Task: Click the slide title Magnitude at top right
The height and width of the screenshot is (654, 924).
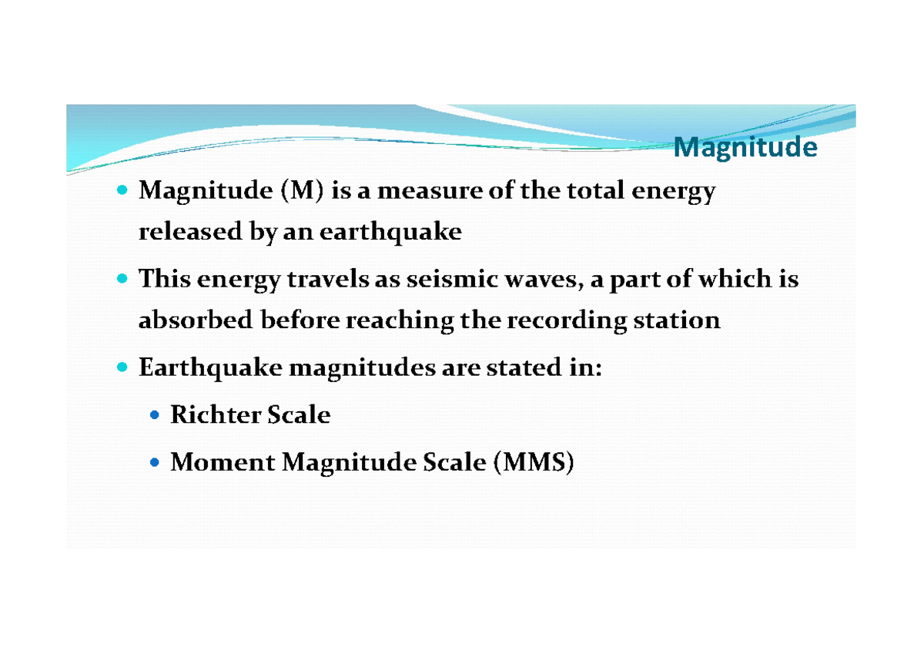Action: click(745, 147)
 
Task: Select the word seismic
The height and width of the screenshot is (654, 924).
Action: click(444, 279)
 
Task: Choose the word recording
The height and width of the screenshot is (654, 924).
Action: click(565, 320)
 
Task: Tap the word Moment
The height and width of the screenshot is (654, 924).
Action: click(222, 462)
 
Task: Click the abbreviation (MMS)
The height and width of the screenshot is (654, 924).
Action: click(534, 462)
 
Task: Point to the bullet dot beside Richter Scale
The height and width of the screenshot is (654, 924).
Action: click(155, 416)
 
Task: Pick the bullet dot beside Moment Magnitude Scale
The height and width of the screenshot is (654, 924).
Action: click(155, 463)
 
